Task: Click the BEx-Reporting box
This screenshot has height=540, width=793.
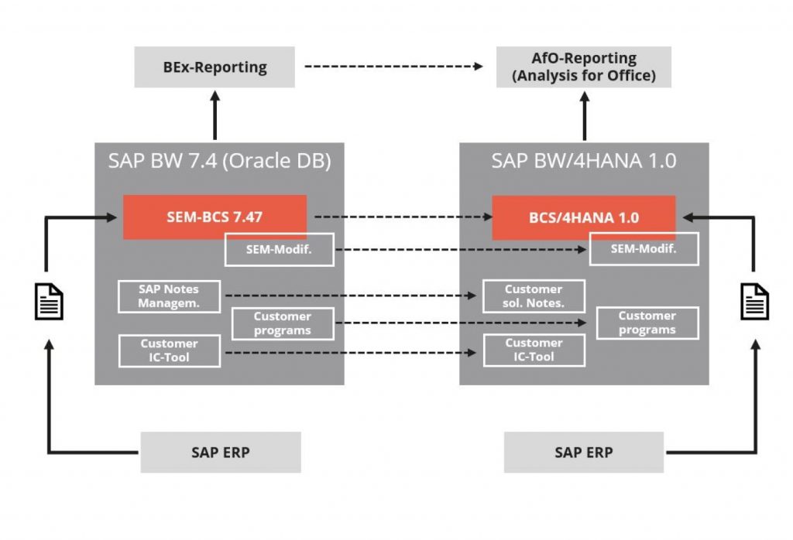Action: (215, 67)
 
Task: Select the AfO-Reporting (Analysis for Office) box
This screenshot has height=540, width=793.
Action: (583, 67)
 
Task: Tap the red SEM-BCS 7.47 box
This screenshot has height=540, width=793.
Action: (215, 217)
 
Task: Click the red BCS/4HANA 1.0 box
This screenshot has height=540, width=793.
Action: (584, 217)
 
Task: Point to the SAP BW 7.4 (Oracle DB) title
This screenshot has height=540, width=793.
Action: (219, 161)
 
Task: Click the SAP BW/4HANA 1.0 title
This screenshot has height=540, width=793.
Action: (584, 161)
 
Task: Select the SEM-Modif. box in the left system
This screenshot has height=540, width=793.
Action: (279, 249)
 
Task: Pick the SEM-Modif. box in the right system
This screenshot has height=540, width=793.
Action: (644, 249)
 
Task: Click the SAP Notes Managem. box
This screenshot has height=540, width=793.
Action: (169, 296)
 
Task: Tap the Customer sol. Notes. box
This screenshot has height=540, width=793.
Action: (534, 296)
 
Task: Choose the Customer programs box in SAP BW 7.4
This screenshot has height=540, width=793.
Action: (283, 323)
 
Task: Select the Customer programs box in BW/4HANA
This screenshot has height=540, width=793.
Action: (647, 323)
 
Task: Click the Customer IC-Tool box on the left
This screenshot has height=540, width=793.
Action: (169, 350)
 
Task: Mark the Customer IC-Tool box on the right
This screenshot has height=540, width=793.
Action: (534, 350)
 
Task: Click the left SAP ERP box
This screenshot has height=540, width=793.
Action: (220, 453)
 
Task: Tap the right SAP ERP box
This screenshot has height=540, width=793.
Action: (583, 453)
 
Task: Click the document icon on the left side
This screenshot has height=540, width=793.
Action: (49, 301)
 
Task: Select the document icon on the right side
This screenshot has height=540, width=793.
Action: (754, 301)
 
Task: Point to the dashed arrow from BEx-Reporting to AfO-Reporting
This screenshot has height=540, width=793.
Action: (393, 67)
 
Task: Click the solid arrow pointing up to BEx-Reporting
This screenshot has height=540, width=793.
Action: (215, 114)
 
